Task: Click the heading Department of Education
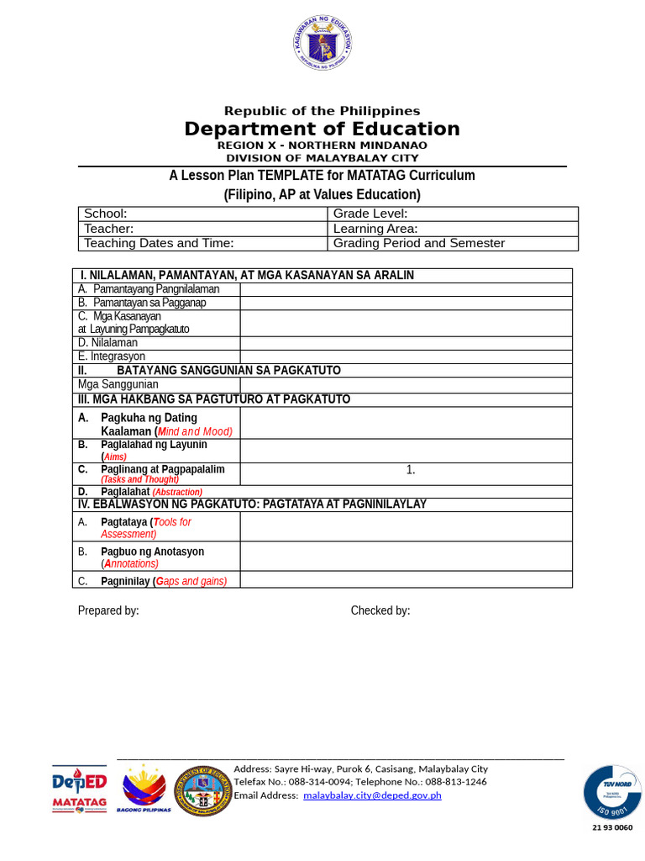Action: point(322,129)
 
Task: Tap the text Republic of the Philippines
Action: point(322,111)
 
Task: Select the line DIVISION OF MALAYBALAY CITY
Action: point(322,158)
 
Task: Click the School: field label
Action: point(106,214)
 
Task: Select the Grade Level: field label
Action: point(370,214)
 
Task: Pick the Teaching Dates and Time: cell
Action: point(159,243)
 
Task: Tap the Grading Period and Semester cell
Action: point(419,243)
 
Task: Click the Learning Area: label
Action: point(375,229)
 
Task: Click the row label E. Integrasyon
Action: point(112,357)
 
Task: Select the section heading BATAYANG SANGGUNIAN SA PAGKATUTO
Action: point(228,370)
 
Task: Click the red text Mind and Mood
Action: point(201,431)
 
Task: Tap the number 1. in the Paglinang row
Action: point(411,470)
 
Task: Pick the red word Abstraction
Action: point(177,492)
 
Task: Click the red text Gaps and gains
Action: point(191,581)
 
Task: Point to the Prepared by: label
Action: point(108,610)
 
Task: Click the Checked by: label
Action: point(380,610)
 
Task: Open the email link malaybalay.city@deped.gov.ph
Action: point(372,795)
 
